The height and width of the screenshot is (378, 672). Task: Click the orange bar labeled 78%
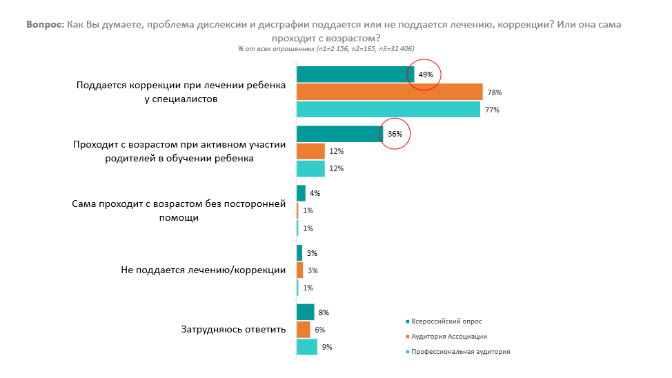(390, 92)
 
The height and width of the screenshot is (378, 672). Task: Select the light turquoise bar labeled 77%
(388, 109)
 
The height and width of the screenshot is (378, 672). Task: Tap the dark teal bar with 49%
(355, 74)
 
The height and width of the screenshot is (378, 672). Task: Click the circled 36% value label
(395, 134)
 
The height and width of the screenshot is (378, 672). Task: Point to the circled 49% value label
(426, 74)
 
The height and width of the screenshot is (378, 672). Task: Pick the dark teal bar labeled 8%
(305, 312)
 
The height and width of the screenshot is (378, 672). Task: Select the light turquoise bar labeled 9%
(307, 347)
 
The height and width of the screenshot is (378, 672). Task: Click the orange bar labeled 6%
(303, 330)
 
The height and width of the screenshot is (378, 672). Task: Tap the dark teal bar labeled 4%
(301, 193)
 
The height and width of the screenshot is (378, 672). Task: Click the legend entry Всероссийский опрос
(444, 321)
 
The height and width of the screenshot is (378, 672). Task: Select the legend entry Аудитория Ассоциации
(446, 337)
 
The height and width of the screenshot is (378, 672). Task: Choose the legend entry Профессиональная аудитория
(458, 351)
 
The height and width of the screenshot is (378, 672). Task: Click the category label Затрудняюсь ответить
(234, 329)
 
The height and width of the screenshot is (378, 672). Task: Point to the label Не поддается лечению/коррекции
(203, 270)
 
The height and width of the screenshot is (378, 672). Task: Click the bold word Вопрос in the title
(45, 24)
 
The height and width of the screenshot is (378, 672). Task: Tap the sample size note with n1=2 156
(326, 49)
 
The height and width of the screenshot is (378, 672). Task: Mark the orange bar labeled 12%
(310, 151)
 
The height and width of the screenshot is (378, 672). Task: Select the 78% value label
(495, 92)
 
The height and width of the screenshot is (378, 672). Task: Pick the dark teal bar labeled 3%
(299, 253)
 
